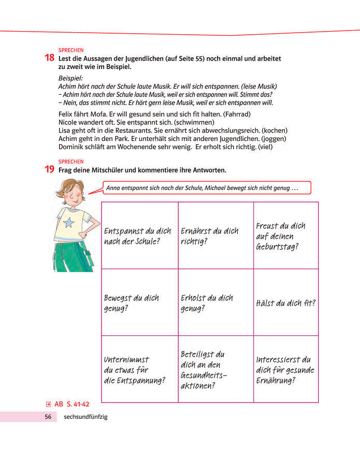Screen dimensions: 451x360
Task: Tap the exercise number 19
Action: click(51, 170)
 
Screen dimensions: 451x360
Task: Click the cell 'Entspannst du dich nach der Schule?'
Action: click(139, 235)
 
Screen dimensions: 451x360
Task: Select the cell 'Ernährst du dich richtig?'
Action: click(215, 235)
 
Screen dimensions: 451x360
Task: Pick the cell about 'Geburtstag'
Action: click(285, 235)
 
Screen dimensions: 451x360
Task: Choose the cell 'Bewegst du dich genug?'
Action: click(139, 303)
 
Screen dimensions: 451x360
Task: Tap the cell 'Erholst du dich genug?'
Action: click(215, 303)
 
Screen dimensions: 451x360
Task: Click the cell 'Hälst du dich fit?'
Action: click(285, 303)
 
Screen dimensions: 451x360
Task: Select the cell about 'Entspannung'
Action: click(139, 369)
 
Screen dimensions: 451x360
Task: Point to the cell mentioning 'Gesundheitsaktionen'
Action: click(215, 369)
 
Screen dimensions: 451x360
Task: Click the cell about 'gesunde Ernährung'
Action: click(285, 369)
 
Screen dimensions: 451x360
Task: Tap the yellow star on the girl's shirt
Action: click(68, 223)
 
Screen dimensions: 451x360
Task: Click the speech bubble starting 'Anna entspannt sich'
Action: click(207, 187)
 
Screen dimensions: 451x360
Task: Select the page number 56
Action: click(48, 417)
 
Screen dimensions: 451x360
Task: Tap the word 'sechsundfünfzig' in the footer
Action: click(85, 417)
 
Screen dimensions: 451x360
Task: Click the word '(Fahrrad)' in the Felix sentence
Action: click(236, 113)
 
